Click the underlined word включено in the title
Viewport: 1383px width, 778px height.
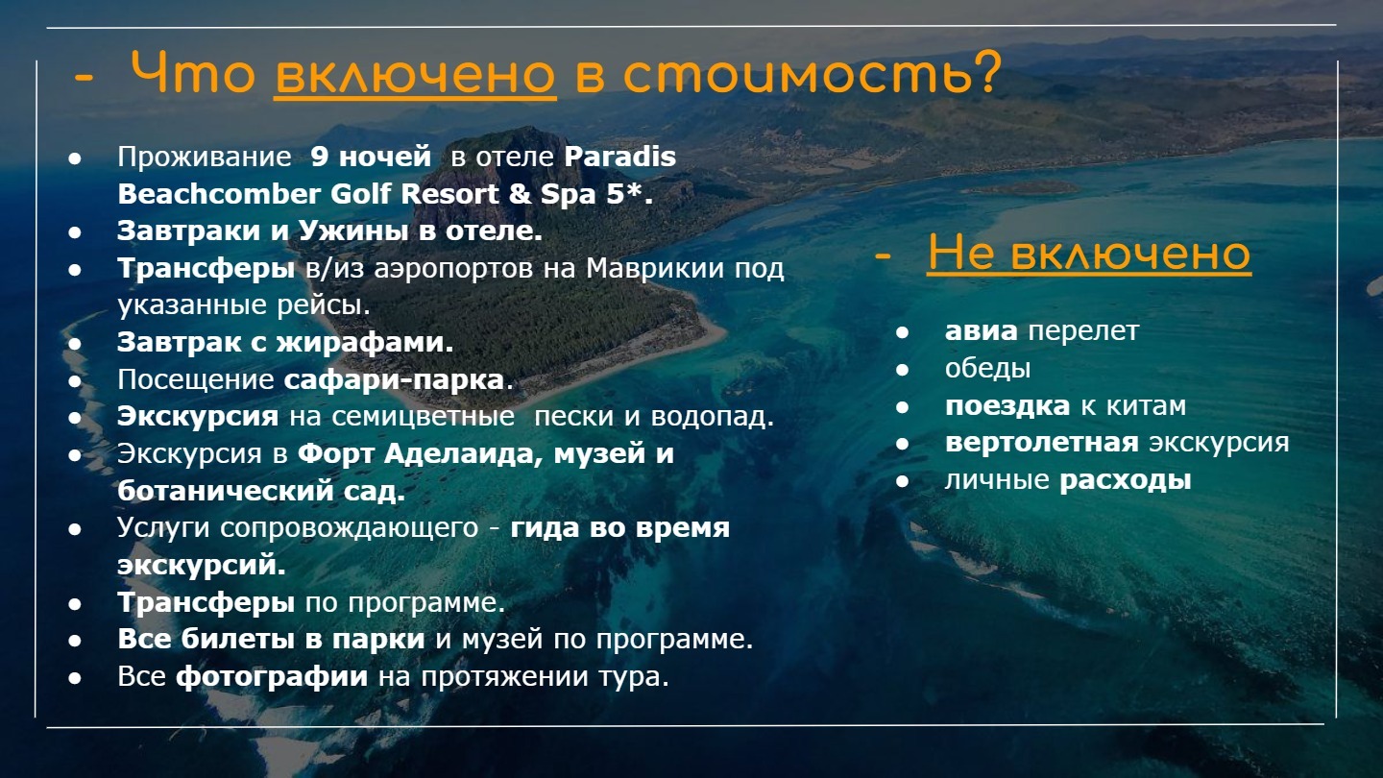416,75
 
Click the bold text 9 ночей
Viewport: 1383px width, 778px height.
371,157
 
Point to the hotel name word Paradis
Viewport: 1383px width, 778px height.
619,157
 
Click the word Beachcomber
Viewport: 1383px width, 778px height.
219,194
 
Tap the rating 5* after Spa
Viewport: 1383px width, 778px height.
628,194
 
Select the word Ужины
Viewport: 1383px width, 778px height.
353,231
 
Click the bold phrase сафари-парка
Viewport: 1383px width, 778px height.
394,380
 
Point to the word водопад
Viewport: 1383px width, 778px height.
712,417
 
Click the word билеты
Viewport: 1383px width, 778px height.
238,639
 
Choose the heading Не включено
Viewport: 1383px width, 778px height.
1089,254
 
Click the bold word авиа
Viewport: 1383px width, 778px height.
982,331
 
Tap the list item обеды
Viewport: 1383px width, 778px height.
988,369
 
